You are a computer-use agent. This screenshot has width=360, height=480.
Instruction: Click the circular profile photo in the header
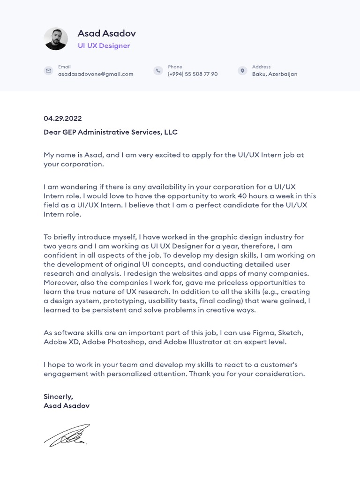tap(56, 38)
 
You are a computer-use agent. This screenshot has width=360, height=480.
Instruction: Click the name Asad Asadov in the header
tap(106, 33)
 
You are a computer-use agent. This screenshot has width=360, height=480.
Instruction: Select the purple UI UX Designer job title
tap(104, 46)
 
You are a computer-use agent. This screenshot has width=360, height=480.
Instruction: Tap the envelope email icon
tap(48, 71)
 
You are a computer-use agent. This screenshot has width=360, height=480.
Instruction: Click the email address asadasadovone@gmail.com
tap(96, 74)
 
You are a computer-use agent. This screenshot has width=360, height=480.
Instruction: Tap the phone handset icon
tap(158, 71)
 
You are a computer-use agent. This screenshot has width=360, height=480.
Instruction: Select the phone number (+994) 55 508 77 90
tap(193, 74)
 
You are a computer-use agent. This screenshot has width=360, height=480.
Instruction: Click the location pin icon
tap(242, 71)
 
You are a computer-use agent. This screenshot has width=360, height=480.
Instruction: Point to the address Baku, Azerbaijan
tap(275, 74)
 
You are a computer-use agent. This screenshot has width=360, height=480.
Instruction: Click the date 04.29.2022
tap(63, 119)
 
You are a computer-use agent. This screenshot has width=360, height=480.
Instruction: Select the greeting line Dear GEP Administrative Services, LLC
tap(111, 132)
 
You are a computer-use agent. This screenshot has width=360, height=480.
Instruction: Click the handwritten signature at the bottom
tap(67, 435)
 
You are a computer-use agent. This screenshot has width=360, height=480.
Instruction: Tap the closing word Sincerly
tap(58, 397)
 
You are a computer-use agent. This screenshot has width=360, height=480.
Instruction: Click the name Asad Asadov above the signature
tap(67, 406)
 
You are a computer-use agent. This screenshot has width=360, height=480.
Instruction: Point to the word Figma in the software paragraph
tap(263, 333)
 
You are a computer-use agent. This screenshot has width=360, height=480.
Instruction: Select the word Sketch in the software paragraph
tap(291, 333)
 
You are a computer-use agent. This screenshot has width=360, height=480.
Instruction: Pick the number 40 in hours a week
tap(242, 196)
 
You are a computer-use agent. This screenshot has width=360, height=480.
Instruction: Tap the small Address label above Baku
tap(261, 67)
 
